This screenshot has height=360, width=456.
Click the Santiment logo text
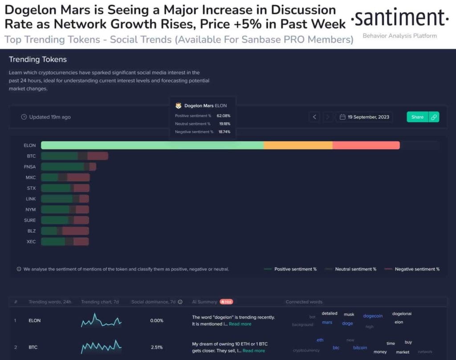tap(399, 18)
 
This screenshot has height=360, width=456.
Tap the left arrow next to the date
tap(314, 117)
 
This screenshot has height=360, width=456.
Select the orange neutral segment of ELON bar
tap(298, 145)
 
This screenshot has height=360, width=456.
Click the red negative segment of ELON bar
tap(366, 145)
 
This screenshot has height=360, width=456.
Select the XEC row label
tap(31, 242)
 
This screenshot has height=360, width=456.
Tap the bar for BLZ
tap(65, 231)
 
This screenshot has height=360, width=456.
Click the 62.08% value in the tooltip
tap(224, 116)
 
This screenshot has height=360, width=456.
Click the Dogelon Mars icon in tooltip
tap(179, 106)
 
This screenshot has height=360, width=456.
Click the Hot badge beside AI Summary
tap(226, 302)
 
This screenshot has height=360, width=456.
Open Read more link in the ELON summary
tap(240, 324)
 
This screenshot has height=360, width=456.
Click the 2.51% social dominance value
tap(156, 347)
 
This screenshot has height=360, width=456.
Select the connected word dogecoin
tap(373, 316)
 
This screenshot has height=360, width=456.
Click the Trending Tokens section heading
tap(38, 59)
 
